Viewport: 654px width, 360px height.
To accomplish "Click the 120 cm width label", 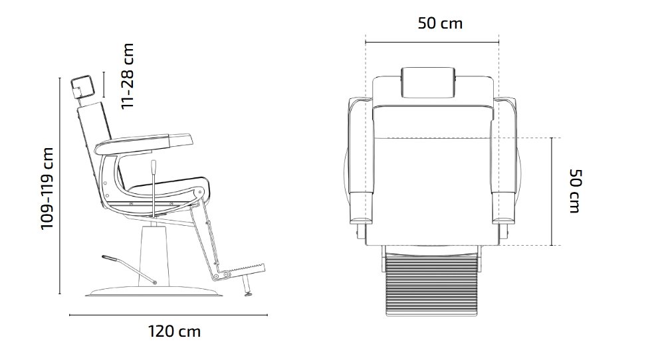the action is [174, 331].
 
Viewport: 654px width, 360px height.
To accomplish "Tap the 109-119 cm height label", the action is [47, 189].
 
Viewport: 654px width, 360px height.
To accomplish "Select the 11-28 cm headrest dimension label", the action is [128, 76].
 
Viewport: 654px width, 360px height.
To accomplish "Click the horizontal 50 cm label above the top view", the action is [440, 23].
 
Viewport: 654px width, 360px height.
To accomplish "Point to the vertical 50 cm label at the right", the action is [576, 191].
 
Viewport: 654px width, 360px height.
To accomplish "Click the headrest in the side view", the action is [82, 86].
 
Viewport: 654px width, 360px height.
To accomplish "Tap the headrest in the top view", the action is [428, 82].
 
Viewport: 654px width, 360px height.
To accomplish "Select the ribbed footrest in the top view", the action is [431, 286].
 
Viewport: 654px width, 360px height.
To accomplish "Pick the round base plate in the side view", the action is [154, 291].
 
